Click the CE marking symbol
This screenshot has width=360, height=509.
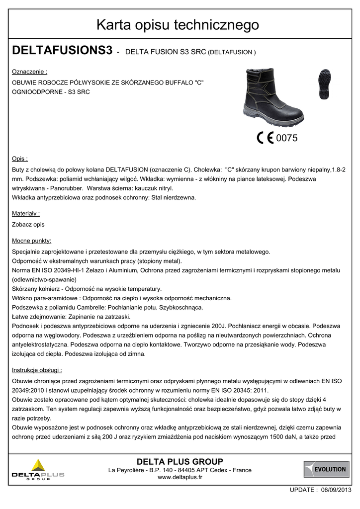click(265, 138)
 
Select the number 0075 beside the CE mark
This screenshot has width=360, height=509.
click(286, 139)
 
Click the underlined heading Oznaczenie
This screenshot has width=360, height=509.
click(29, 72)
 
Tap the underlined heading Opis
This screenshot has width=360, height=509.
click(20, 159)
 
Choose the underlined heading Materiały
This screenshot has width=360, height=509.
click(25, 213)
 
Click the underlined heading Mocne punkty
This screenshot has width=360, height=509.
click(31, 241)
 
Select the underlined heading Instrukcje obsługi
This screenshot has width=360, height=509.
click(37, 370)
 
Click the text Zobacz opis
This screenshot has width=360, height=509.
click(28, 225)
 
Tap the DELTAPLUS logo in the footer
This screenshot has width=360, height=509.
click(38, 470)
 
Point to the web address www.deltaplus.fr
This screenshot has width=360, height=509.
click(180, 478)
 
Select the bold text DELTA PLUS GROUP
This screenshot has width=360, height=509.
click(180, 461)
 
